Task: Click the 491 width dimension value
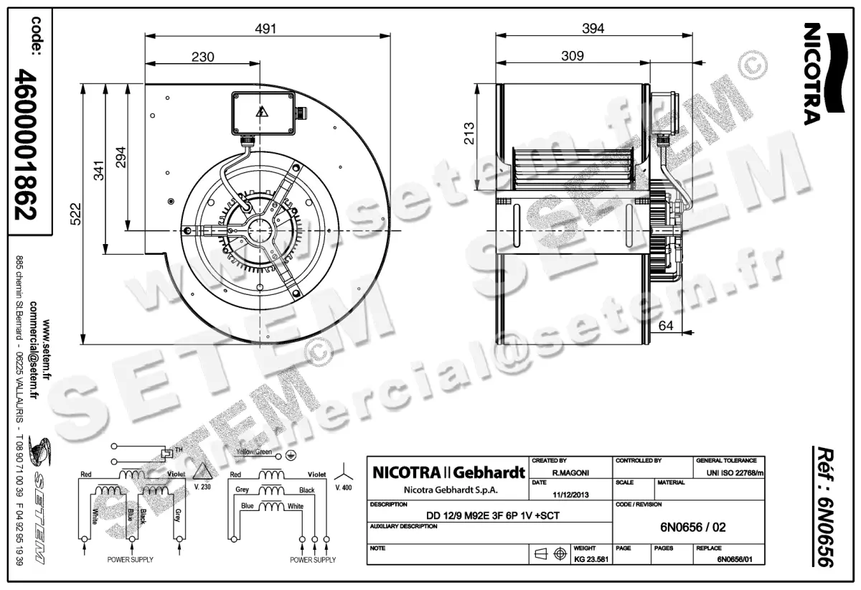click(x=266, y=29)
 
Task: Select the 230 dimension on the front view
click(x=203, y=57)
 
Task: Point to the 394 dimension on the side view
click(x=593, y=29)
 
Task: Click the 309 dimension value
click(x=572, y=55)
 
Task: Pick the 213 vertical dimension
click(x=469, y=134)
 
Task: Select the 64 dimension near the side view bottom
click(x=667, y=325)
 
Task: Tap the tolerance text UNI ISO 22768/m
click(x=735, y=472)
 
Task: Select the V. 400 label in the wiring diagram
click(x=344, y=487)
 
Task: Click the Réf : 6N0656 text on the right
click(x=824, y=507)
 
